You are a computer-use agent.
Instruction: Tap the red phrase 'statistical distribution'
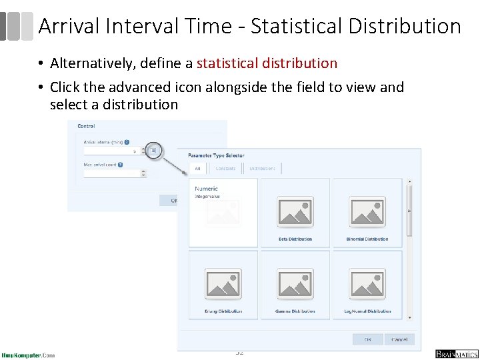coord(267,63)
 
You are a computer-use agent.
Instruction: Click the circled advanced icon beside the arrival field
coord(153,151)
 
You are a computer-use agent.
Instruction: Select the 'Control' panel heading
coord(87,126)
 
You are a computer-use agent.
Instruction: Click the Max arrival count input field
coord(112,173)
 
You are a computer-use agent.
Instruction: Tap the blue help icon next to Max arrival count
coord(121,164)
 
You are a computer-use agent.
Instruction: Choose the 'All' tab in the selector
coord(197,169)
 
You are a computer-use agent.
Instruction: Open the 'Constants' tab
coord(225,169)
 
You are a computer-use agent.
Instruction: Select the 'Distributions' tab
coord(262,169)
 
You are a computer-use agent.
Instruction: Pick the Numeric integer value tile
coord(223,213)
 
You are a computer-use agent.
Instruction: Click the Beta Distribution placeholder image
coord(295,211)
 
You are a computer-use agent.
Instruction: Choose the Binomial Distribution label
coord(367,239)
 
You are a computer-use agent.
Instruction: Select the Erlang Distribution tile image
coord(223,283)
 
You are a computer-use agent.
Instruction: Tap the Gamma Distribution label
coord(295,311)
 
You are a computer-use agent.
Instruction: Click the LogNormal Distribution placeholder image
coord(367,283)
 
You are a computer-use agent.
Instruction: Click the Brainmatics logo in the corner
coord(457,353)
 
